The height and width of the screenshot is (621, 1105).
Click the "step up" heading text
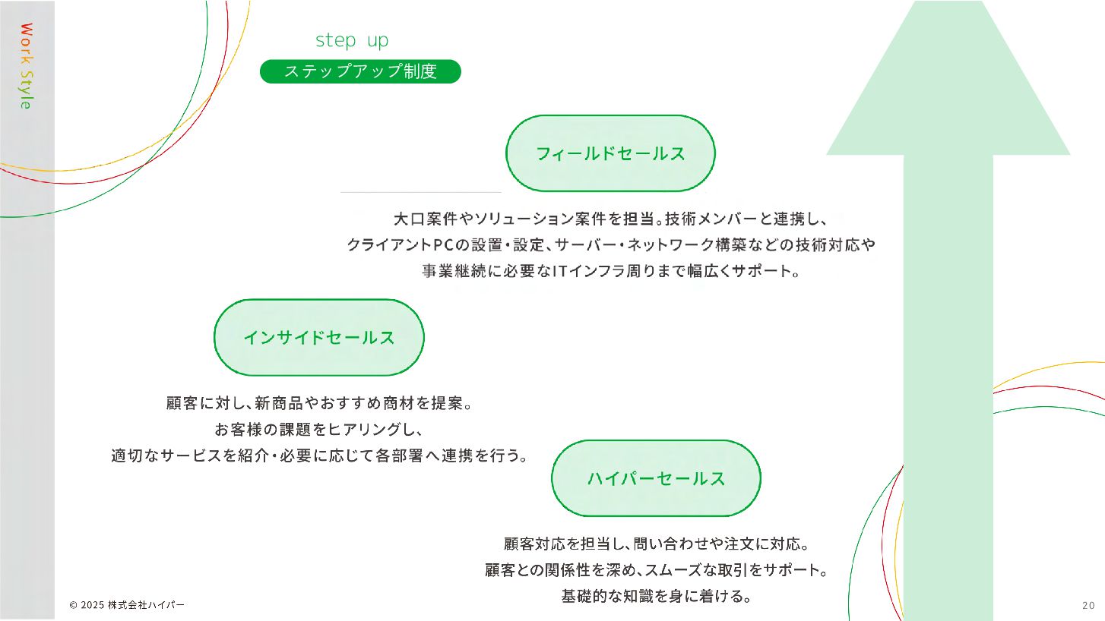(351, 40)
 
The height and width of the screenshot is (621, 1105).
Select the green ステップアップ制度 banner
(360, 71)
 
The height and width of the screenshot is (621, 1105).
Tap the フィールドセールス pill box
(610, 153)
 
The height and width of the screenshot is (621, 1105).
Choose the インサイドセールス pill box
(318, 338)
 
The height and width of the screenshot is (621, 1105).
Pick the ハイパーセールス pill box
(655, 478)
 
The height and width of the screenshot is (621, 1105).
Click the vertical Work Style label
(26, 66)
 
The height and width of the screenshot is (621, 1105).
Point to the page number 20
(1088, 605)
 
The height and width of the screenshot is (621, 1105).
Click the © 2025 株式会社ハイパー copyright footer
(126, 605)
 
